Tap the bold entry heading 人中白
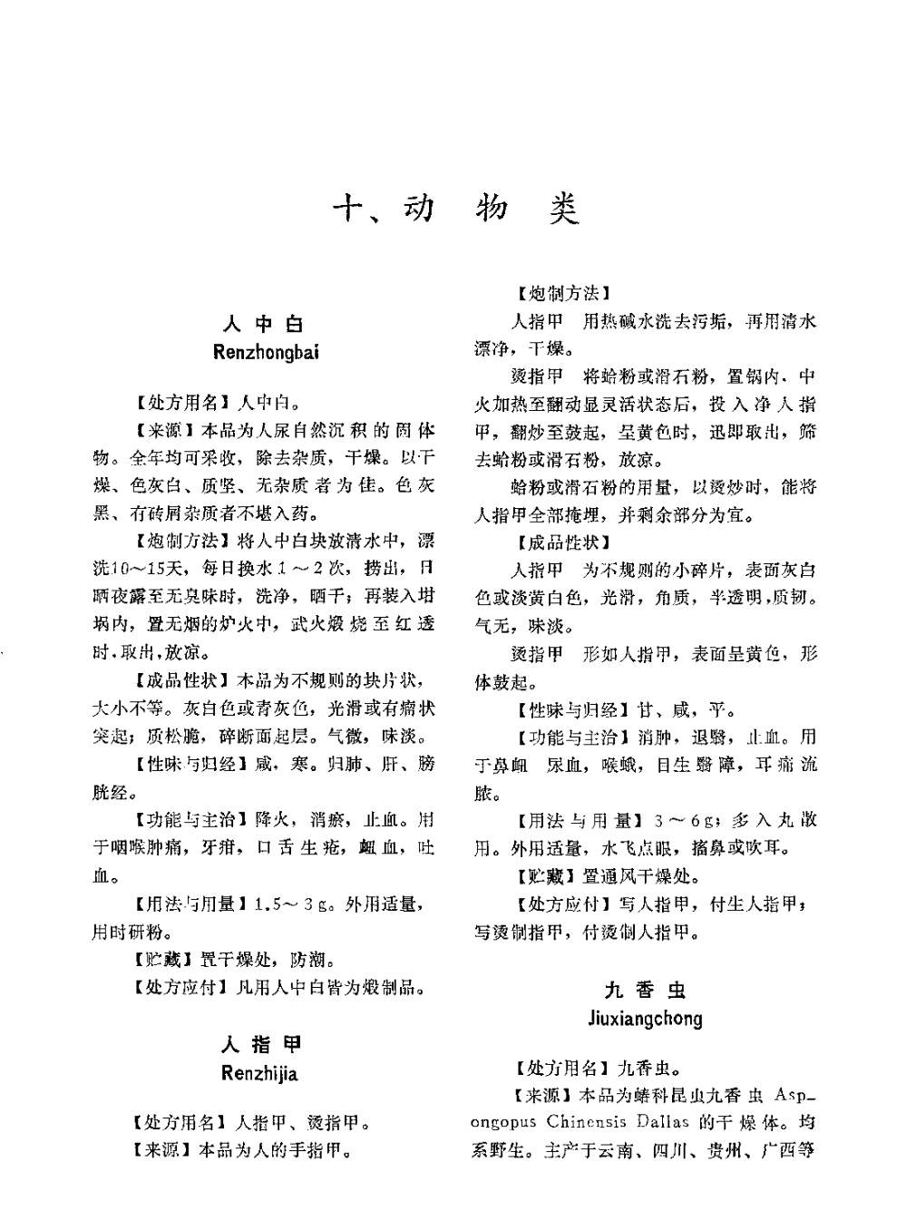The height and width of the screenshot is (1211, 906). point(264,324)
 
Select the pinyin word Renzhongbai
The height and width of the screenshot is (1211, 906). point(265,352)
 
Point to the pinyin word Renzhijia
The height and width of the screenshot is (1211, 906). point(259,1074)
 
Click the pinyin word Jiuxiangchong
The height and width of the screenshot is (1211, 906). point(645,1018)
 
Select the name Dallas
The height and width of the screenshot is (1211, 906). point(662,1122)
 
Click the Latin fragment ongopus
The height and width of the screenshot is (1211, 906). point(505,1122)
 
